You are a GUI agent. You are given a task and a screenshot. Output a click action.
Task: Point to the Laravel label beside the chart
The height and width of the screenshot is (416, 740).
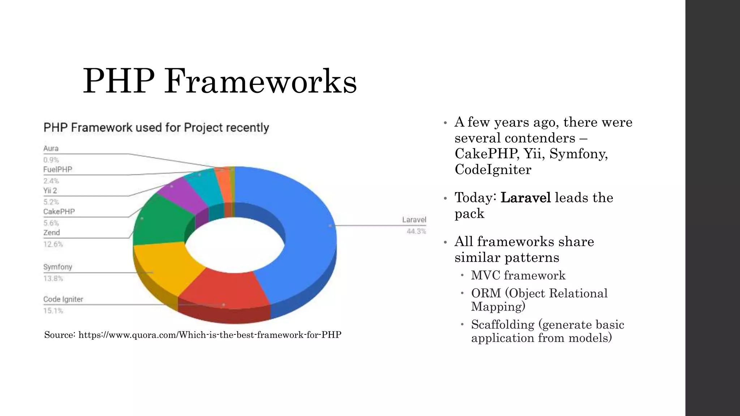click(414, 220)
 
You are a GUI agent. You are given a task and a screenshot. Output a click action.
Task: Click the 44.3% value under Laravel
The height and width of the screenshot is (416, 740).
click(416, 231)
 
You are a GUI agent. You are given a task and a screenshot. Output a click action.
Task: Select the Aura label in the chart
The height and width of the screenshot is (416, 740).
click(51, 148)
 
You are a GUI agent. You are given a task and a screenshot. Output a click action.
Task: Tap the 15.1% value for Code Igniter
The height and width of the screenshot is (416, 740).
click(53, 311)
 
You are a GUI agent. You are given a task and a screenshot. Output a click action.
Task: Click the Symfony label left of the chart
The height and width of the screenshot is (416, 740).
click(58, 267)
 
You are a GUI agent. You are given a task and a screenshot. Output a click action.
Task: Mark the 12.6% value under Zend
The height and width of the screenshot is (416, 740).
click(53, 244)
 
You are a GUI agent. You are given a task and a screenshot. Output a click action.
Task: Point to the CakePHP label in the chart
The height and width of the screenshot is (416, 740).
click(59, 212)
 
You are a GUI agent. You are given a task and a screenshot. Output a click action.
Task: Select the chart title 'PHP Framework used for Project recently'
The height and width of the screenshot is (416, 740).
click(156, 127)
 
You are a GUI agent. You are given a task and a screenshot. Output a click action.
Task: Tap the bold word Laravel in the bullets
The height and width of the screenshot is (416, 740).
click(526, 198)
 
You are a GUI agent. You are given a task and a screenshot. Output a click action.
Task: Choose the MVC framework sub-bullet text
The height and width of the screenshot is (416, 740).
click(518, 275)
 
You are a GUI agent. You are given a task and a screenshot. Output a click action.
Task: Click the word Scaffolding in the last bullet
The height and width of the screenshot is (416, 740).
click(503, 324)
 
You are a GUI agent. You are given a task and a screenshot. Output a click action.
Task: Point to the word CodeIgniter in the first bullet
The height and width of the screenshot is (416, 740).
click(493, 169)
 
